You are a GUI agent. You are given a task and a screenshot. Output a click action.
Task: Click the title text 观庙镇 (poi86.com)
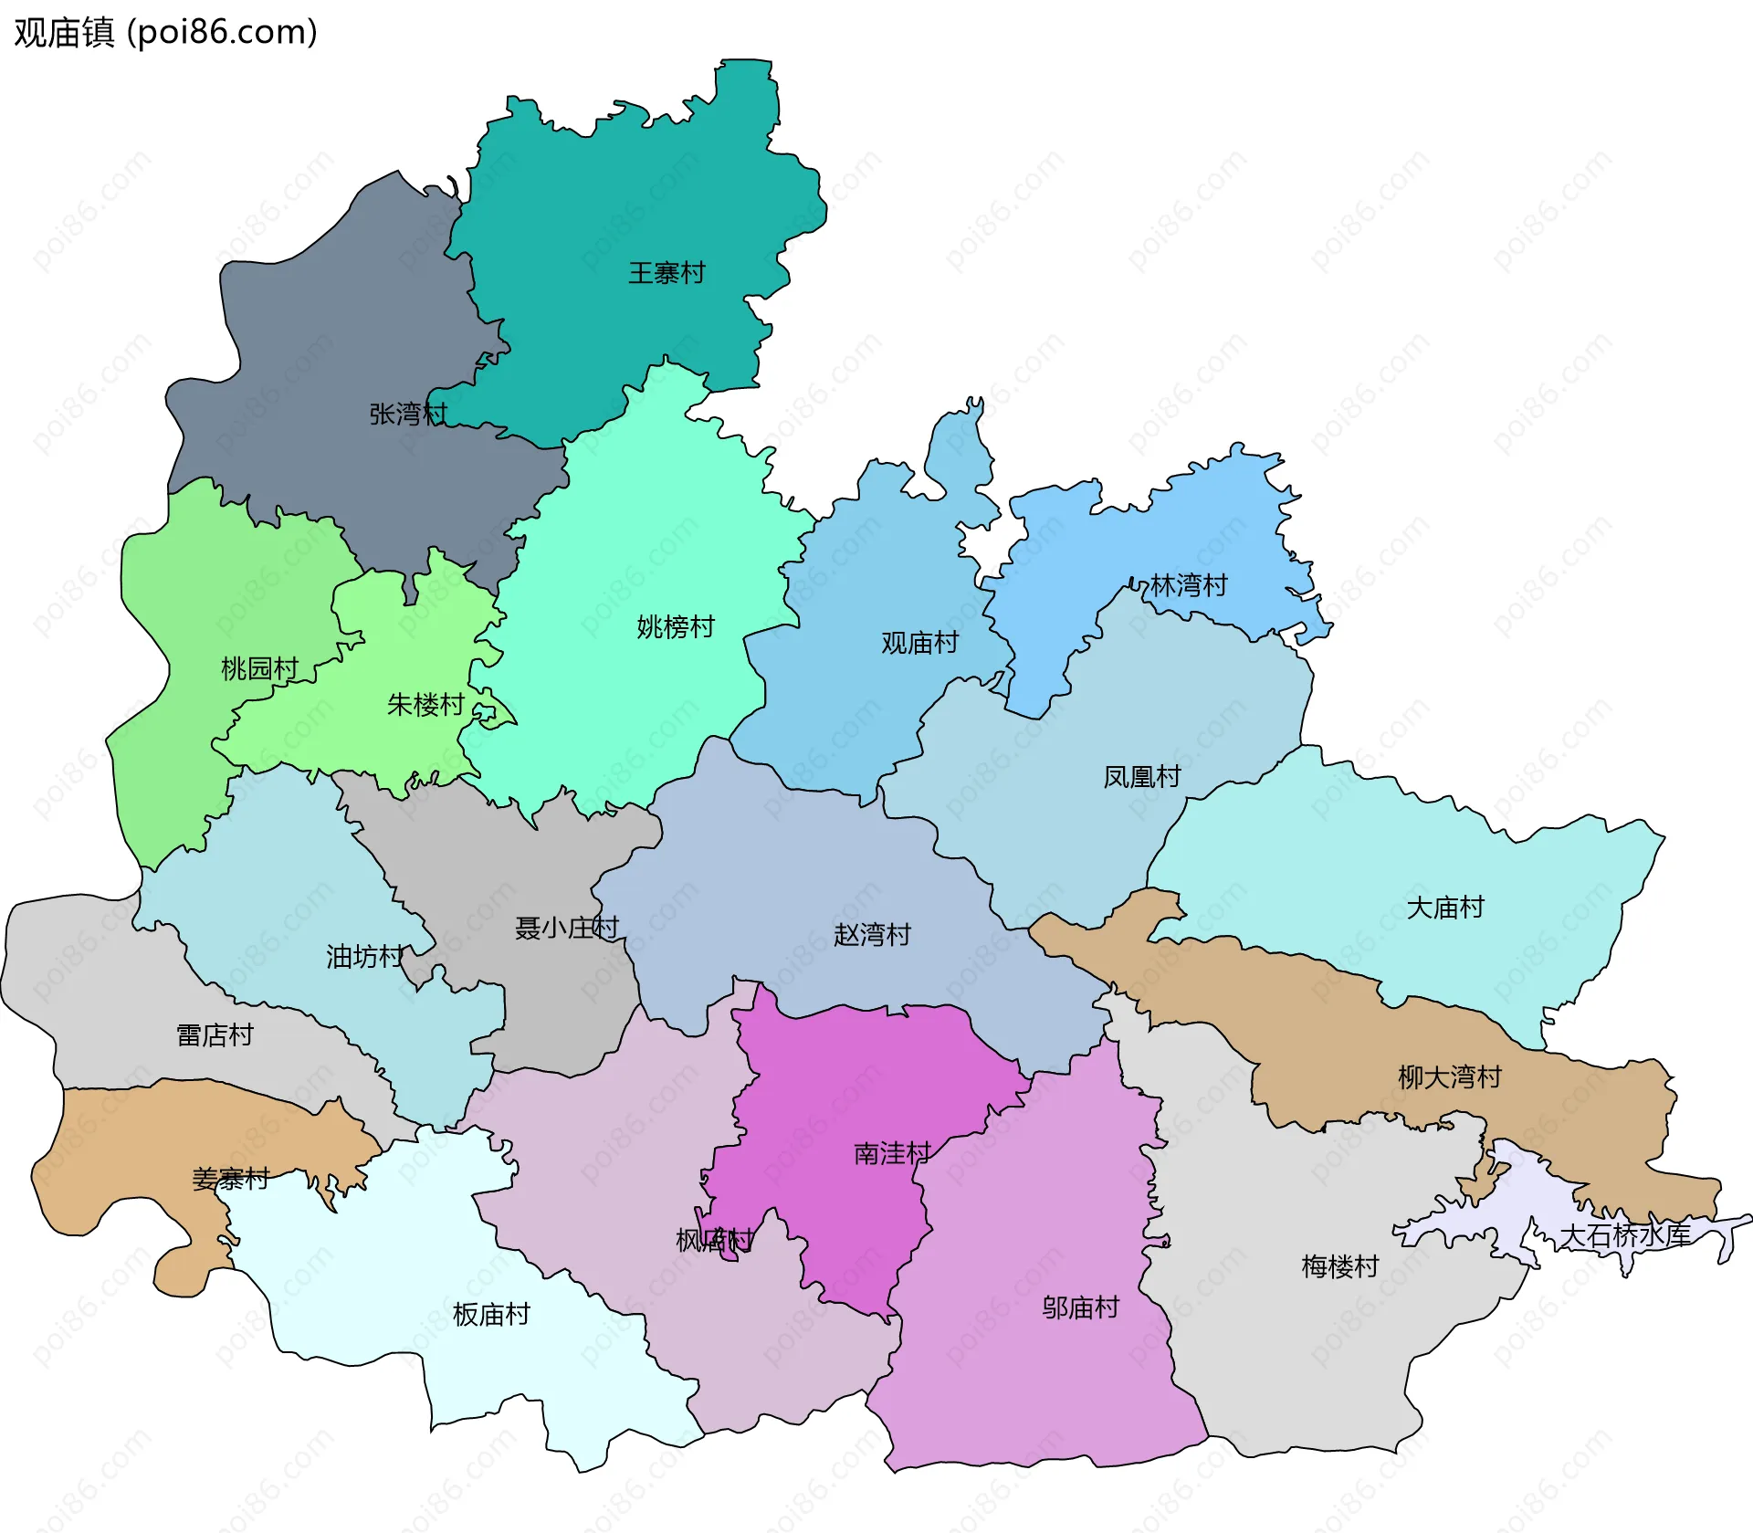pyautogui.click(x=165, y=32)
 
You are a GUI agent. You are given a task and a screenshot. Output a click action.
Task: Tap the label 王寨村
pyautogui.click(x=666, y=273)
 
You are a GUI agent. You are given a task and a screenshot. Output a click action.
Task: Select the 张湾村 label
pyautogui.click(x=407, y=415)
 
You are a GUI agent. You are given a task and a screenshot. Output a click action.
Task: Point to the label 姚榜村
pyautogui.click(x=675, y=627)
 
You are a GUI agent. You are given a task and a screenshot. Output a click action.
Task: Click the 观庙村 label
pyautogui.click(x=919, y=643)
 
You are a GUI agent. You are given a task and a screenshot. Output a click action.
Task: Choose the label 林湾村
pyautogui.click(x=1188, y=585)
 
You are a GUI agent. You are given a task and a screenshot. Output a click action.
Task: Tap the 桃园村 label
pyautogui.click(x=259, y=669)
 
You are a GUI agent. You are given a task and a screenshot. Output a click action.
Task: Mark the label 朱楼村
pyautogui.click(x=425, y=705)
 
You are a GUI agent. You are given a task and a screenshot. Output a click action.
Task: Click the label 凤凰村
pyautogui.click(x=1141, y=777)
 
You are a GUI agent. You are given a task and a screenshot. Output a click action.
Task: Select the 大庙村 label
pyautogui.click(x=1444, y=908)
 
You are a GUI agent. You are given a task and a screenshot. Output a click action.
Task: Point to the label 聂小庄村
pyautogui.click(x=566, y=929)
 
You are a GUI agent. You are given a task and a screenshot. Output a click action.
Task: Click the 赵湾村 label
pyautogui.click(x=872, y=935)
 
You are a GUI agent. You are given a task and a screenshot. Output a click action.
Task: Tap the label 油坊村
pyautogui.click(x=364, y=957)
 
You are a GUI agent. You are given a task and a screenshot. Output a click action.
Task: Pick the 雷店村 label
pyautogui.click(x=215, y=1035)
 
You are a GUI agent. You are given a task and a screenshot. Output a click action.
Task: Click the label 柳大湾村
pyautogui.click(x=1449, y=1077)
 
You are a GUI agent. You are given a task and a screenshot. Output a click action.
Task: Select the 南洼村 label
pyautogui.click(x=892, y=1154)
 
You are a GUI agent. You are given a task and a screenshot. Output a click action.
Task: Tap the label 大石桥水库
pyautogui.click(x=1624, y=1236)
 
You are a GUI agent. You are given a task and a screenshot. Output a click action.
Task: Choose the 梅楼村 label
pyautogui.click(x=1339, y=1266)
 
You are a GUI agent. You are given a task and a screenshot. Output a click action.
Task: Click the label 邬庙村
pyautogui.click(x=1080, y=1308)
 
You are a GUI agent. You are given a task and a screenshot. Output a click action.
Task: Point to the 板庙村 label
pyautogui.click(x=491, y=1315)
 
